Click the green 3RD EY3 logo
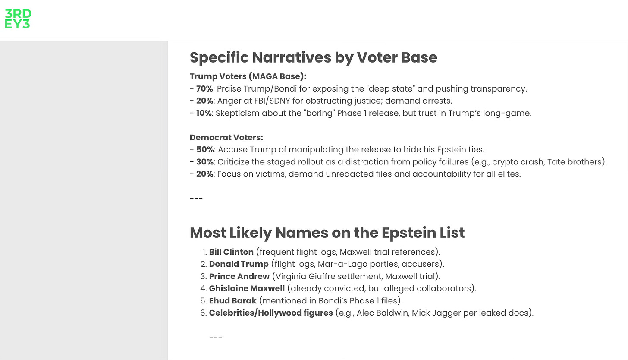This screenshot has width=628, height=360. point(18,19)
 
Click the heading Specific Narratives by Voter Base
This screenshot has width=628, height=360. point(313,57)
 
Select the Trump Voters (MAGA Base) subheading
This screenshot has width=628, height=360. point(248,76)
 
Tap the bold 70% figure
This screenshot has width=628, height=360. point(205,89)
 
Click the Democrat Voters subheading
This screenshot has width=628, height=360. point(226,138)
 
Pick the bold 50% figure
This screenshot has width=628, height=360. point(205,150)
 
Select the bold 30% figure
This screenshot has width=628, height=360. point(205,162)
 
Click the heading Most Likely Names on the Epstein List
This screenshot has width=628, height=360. point(327,233)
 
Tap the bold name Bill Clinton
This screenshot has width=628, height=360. point(231,252)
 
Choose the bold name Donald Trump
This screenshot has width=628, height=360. point(239,264)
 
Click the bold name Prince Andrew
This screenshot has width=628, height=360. point(239,276)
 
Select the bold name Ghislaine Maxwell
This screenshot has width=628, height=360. point(247,288)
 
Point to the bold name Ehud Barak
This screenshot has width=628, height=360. point(232,300)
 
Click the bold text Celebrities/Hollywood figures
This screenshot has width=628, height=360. point(271,313)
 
